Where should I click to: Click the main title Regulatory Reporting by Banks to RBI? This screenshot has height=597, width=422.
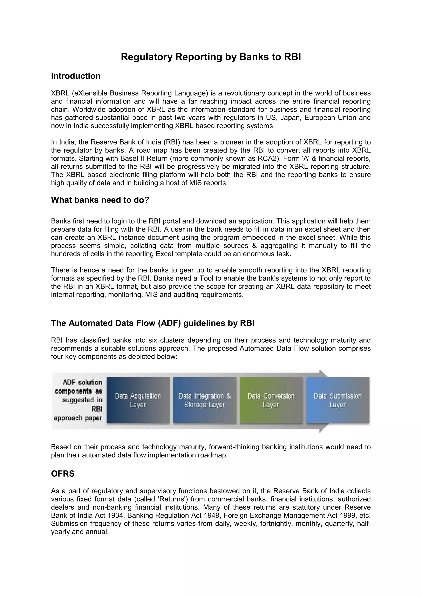[211, 57]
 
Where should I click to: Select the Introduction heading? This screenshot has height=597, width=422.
[76, 76]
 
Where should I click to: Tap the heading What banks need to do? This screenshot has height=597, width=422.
[100, 200]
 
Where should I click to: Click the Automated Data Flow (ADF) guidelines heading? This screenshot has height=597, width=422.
[152, 323]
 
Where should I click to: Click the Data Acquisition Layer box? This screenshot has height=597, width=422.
[138, 400]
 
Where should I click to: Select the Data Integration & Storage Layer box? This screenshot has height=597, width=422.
[204, 400]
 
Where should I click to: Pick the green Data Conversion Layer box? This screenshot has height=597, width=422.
[271, 400]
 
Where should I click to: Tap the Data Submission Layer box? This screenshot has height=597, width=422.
[338, 400]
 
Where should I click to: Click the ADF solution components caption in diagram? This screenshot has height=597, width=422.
[79, 400]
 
